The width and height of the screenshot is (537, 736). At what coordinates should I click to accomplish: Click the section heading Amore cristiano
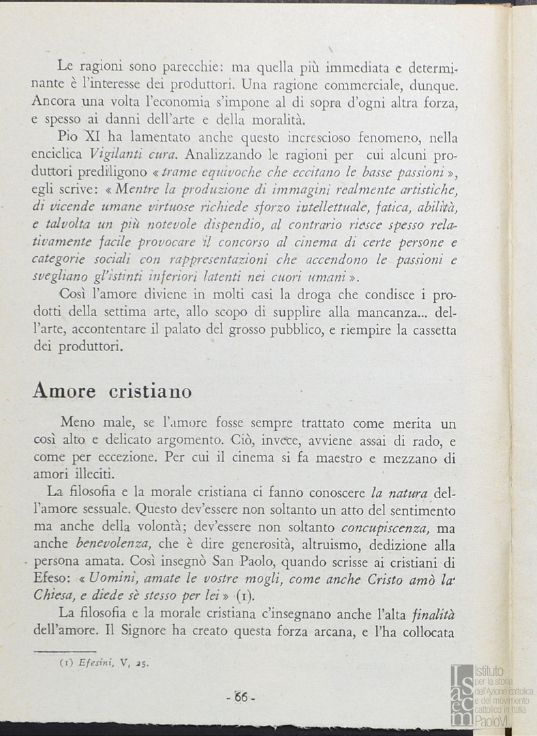[x=112, y=391]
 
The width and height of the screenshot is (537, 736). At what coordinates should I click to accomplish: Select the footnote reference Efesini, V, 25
[x=104, y=660]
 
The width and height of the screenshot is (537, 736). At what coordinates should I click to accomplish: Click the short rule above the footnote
[x=65, y=650]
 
